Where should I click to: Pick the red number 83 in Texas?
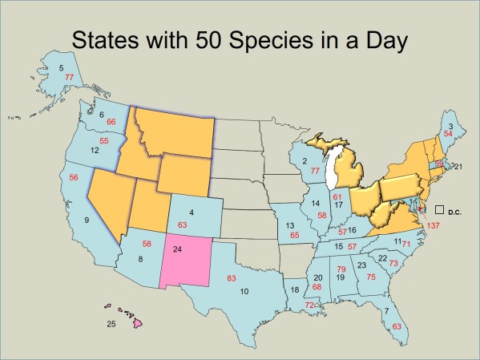click(232, 277)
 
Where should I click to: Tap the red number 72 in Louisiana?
click(310, 305)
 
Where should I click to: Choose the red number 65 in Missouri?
click(294, 235)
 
